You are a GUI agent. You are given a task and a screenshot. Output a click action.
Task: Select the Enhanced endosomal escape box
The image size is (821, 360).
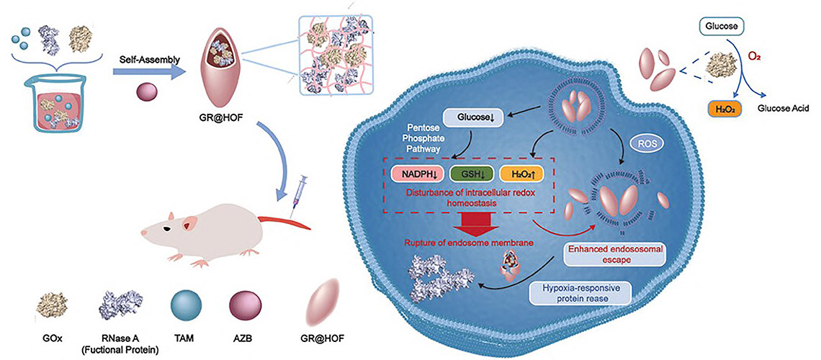[x=606, y=254]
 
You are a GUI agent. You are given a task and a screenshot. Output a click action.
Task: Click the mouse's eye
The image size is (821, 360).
[x=166, y=228]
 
